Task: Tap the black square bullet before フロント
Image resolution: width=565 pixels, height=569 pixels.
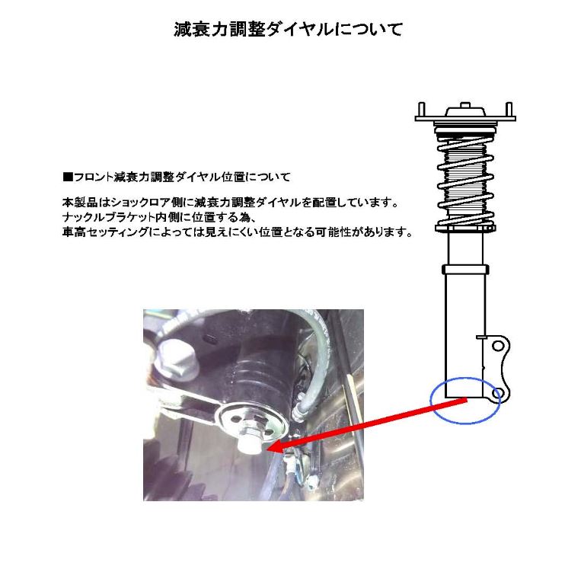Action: pos(66,177)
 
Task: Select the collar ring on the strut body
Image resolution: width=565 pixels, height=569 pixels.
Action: pos(463,267)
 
